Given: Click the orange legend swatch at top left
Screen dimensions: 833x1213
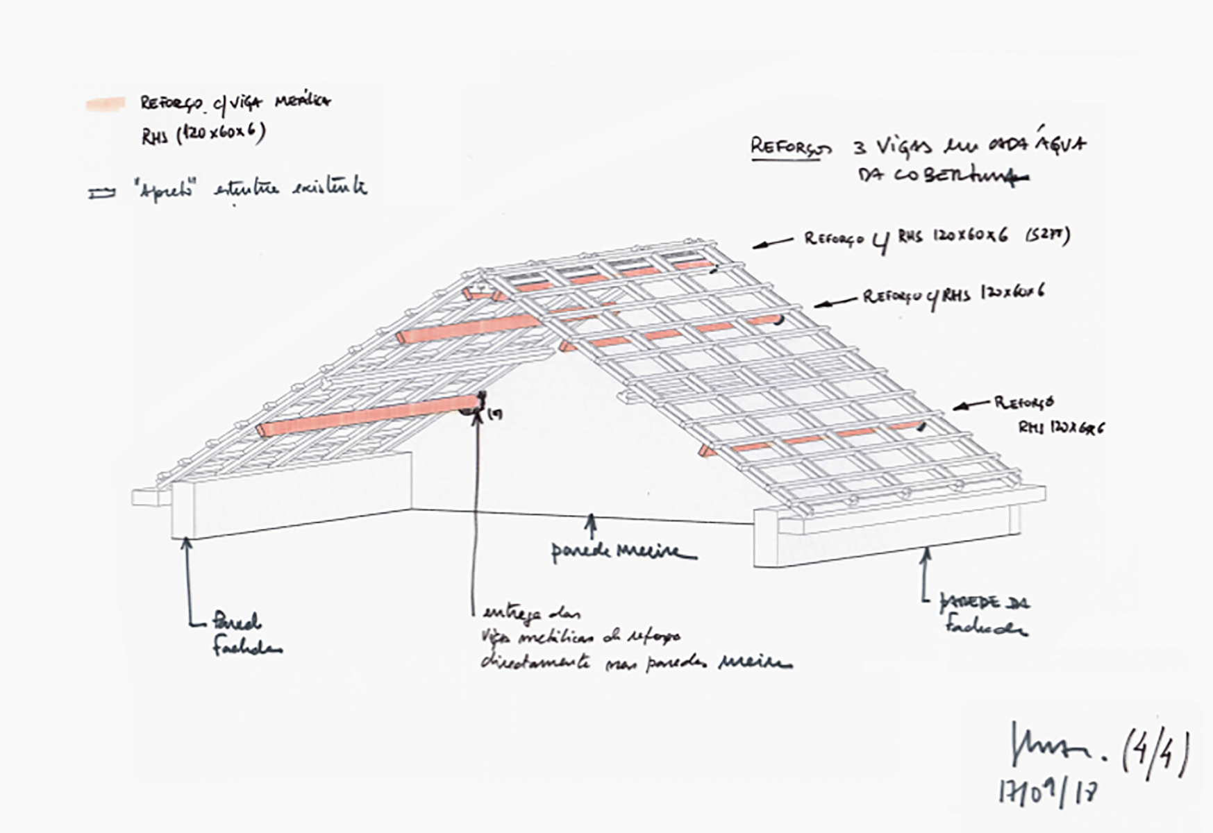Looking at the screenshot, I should coord(105,104).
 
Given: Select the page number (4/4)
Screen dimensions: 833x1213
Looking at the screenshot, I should coord(1154,755).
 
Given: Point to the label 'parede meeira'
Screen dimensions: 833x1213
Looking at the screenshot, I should coord(622,552).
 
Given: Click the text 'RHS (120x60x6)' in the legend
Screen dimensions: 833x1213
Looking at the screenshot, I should coord(203,133).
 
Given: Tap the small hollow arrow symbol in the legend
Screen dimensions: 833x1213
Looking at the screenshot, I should coord(101,194).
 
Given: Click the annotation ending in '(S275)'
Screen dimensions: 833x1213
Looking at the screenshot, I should coord(937,237).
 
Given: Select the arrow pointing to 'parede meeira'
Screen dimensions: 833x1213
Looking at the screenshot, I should coord(592,525).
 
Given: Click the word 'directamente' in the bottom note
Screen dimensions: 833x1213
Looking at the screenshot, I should coord(536,661).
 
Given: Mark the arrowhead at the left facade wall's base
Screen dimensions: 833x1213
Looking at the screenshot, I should coord(186,543).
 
